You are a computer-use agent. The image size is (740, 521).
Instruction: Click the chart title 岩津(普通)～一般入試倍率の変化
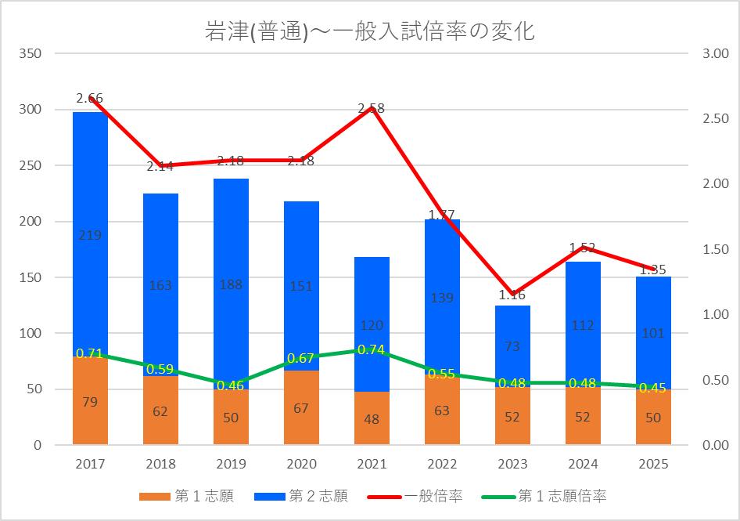[x=369, y=31]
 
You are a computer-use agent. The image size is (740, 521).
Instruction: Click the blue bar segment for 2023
[x=512, y=345]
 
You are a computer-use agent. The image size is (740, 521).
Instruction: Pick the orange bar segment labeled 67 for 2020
[x=301, y=407]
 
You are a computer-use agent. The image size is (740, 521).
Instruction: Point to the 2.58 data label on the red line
[x=371, y=108]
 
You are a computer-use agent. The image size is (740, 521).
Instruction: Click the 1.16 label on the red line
[x=512, y=295]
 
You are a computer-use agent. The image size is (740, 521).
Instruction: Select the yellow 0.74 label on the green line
[x=371, y=349]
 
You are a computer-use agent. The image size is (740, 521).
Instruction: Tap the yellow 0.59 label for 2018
[x=160, y=369]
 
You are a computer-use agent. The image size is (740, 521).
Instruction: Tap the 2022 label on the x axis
[x=442, y=464]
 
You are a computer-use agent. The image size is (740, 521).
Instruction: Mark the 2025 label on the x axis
[x=653, y=464]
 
